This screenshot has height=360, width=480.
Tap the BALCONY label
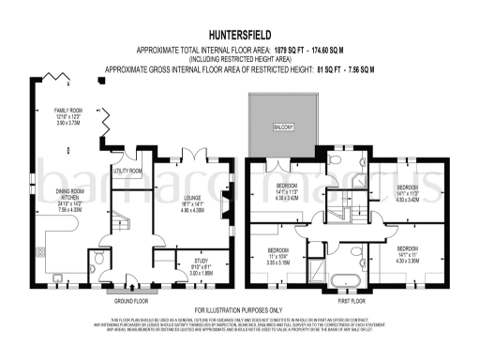tap(286, 126)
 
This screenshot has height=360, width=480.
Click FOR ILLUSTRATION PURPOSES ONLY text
tap(240, 309)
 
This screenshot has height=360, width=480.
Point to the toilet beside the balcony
tap(335, 160)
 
